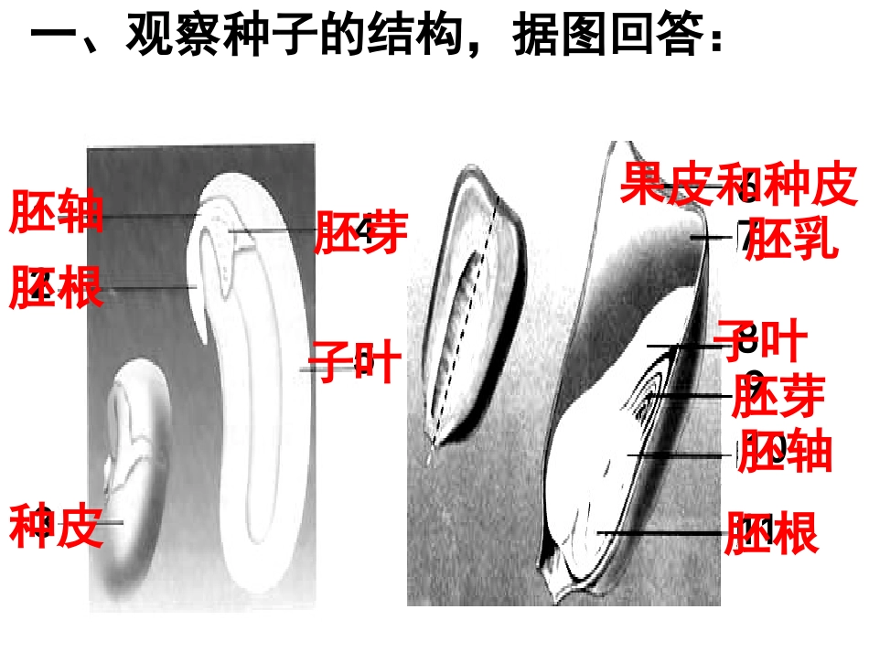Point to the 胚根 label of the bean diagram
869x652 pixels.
(x=56, y=287)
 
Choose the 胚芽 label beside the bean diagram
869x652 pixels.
(x=360, y=232)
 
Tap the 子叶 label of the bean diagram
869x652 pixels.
(x=355, y=361)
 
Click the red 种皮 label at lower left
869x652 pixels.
(x=56, y=527)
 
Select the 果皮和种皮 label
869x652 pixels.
(x=739, y=184)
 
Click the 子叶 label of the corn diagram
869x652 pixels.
(x=763, y=341)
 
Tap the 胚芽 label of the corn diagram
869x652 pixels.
(x=778, y=397)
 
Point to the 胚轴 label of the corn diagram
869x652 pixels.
(x=785, y=452)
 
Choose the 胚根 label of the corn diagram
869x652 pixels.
(x=771, y=533)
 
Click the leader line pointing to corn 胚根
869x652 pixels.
(x=659, y=532)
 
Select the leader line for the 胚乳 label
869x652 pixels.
(x=707, y=238)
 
